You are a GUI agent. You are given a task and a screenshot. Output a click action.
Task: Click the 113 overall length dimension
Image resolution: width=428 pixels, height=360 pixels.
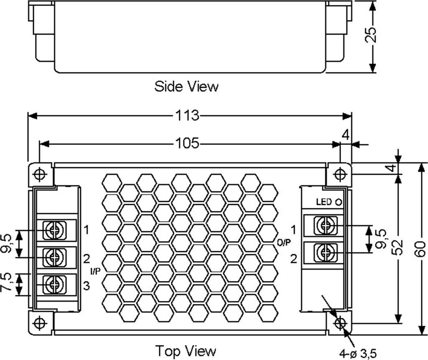pyautogui.click(x=187, y=115)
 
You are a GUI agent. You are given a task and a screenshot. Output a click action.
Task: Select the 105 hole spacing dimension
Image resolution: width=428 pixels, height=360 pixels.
pyautogui.click(x=187, y=144)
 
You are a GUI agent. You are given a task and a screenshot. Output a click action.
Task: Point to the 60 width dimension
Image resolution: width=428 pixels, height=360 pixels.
pyautogui.click(x=421, y=249)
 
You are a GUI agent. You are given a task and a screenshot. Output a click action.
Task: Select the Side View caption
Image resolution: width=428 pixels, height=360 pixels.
pyautogui.click(x=186, y=87)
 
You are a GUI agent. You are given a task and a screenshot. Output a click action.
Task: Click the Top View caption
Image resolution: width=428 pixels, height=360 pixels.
pyautogui.click(x=186, y=350)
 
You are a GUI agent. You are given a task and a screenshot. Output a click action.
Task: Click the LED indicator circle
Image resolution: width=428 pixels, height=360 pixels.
pyautogui.click(x=339, y=202)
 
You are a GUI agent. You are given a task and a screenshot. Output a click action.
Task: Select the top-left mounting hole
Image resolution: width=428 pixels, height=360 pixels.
pyautogui.click(x=40, y=174)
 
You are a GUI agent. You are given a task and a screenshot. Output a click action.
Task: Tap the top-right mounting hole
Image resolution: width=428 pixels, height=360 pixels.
pyautogui.click(x=340, y=173)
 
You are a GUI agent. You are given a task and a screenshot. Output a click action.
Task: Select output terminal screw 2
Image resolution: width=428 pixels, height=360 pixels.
pyautogui.click(x=324, y=252)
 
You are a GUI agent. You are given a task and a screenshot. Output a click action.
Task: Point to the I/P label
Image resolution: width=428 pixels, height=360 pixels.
pyautogui.click(x=96, y=271)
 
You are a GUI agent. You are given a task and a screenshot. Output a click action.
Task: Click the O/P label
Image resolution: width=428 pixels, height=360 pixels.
pyautogui.click(x=284, y=242)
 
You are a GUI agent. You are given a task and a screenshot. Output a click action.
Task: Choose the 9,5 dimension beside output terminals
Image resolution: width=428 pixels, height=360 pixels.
pyautogui.click(x=380, y=239)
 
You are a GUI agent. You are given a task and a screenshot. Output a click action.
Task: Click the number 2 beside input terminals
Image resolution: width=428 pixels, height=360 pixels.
pyautogui.click(x=86, y=258)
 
